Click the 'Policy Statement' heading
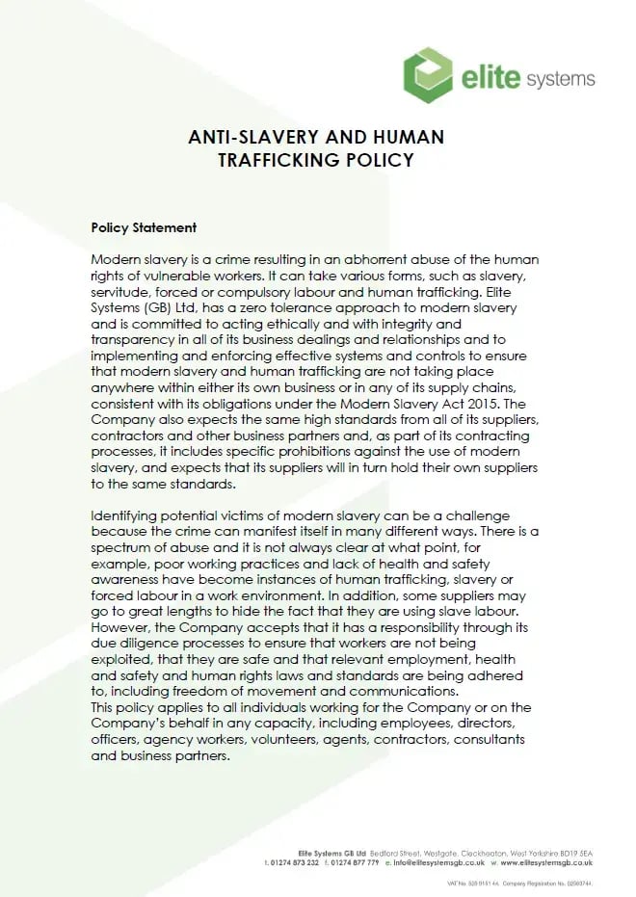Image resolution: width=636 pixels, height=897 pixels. [x=144, y=228]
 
